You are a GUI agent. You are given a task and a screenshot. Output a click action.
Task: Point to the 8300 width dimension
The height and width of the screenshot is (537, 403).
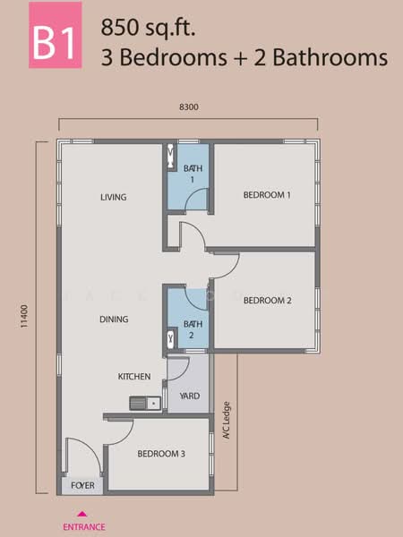point(188,107)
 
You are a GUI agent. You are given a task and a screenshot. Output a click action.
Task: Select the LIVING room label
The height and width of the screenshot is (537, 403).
point(114,197)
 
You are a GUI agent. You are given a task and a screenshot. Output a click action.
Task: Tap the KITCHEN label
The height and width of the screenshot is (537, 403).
point(134,377)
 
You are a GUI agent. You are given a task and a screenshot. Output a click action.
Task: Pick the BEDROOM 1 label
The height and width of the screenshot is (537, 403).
point(267,194)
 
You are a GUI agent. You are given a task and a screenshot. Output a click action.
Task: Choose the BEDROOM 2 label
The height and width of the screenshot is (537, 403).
point(267,301)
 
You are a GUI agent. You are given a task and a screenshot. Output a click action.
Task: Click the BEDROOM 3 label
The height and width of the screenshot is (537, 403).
point(161,455)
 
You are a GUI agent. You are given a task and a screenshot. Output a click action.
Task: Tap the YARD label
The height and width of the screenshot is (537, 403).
point(189,396)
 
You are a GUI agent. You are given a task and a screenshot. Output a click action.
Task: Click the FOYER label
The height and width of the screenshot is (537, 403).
point(83,486)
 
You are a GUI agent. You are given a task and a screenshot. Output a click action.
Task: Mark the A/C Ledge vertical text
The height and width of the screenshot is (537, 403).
point(227,417)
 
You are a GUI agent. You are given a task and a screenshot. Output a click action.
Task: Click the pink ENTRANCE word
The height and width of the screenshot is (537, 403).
point(83,527)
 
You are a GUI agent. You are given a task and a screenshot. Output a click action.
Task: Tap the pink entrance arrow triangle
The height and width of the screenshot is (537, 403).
point(83,514)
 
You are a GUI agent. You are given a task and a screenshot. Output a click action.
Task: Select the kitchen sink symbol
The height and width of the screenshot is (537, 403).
point(143,403)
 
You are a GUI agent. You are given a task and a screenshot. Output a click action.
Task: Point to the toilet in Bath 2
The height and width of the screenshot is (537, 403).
point(172,339)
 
